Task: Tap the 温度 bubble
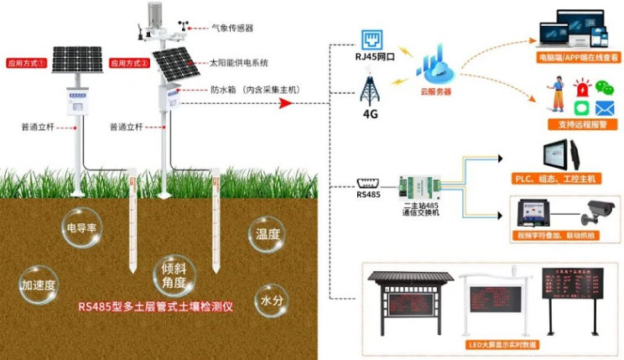click(268, 233)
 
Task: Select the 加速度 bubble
click(39, 285)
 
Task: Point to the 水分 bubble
click(271, 298)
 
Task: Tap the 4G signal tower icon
click(370, 91)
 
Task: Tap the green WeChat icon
click(604, 86)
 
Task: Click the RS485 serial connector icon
click(369, 183)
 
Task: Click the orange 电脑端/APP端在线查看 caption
click(579, 58)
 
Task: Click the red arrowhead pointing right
click(286, 103)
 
